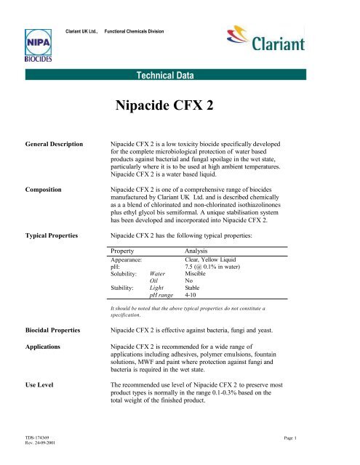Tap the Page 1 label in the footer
(339, 450)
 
